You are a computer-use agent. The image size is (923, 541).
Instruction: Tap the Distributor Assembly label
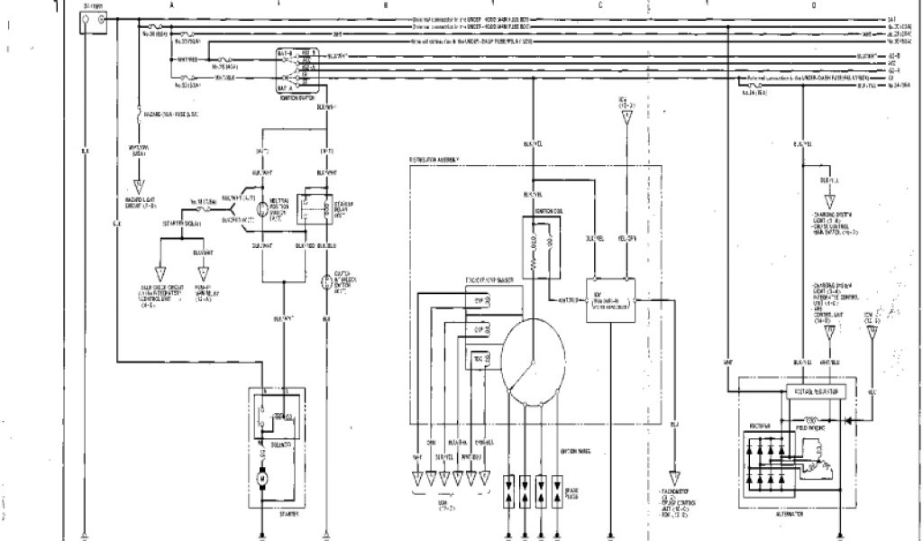435,160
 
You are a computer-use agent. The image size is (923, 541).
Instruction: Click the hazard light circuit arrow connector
138,188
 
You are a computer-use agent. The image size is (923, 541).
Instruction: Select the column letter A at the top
171,5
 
